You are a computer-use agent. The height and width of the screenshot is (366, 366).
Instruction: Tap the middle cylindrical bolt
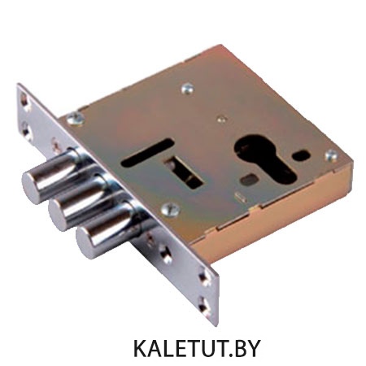[x=79, y=203]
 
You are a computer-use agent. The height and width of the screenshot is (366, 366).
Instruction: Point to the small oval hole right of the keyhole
[x=301, y=155]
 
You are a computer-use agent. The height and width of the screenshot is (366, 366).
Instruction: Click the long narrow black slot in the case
[x=147, y=152]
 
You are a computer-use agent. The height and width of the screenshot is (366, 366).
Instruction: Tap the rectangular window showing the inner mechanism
[x=183, y=172]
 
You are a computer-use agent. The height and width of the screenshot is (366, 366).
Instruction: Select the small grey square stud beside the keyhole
[x=247, y=180]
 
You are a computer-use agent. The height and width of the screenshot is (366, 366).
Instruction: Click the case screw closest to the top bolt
[x=76, y=119]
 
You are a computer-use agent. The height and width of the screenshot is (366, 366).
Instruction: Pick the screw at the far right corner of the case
[x=331, y=156]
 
